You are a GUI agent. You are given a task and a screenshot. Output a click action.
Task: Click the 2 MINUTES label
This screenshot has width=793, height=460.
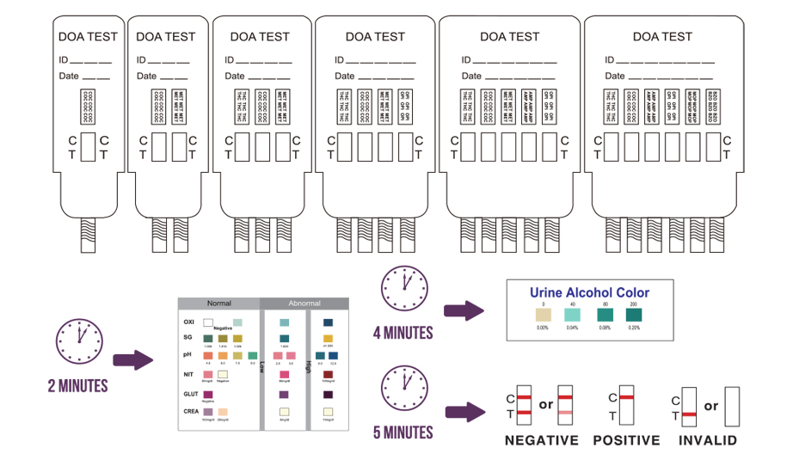(77, 386)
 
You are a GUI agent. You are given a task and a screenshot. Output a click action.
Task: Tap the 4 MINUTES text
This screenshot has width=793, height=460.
(403, 332)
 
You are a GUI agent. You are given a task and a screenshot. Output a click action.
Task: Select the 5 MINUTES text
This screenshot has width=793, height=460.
(403, 431)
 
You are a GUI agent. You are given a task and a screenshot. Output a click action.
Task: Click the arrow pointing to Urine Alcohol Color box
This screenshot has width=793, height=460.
(465, 311)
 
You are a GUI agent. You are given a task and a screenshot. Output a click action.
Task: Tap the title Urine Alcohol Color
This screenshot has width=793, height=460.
(589, 292)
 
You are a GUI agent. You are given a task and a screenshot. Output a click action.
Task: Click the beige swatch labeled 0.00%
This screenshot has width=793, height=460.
(543, 315)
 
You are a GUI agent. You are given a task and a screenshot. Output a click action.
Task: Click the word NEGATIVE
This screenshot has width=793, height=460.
(541, 440)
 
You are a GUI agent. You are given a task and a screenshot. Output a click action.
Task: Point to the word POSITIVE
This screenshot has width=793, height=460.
(626, 440)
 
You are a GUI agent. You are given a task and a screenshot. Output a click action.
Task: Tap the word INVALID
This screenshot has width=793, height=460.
(707, 440)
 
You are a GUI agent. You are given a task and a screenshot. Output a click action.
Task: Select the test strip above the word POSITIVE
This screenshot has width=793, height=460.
(627, 406)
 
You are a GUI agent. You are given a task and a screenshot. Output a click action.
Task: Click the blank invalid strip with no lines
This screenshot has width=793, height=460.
(733, 406)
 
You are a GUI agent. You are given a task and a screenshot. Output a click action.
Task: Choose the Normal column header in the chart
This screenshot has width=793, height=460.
(218, 304)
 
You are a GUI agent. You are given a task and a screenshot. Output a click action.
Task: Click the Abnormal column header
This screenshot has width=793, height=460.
(304, 304)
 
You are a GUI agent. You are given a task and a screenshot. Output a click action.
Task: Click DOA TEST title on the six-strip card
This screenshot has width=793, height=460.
(661, 37)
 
